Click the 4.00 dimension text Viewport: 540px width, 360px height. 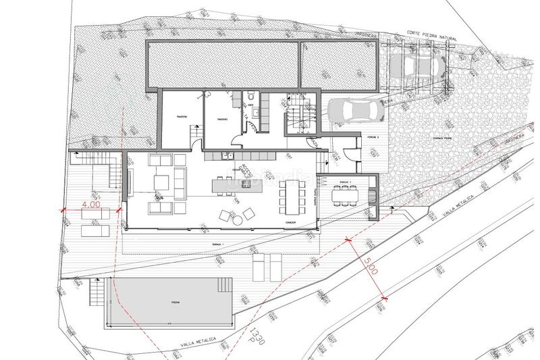[x=90, y=203]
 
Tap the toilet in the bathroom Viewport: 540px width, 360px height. [x=251, y=95]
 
